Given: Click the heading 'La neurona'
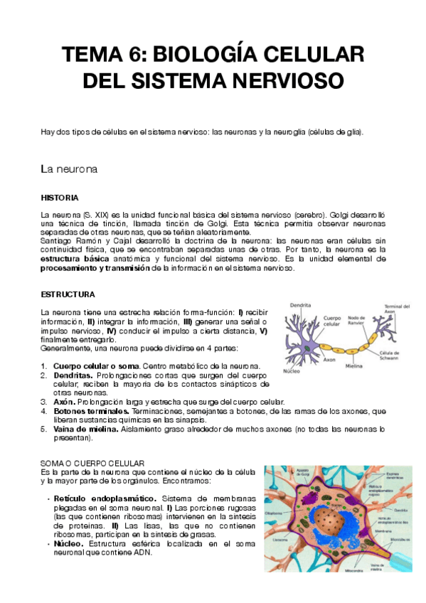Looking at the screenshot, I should tap(68, 170).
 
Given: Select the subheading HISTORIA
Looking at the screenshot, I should tap(60, 197).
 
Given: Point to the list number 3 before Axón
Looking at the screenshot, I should tap(43, 402).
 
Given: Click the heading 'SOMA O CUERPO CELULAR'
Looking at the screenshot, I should tap(93, 463).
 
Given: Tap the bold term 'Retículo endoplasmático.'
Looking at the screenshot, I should tap(105, 498).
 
